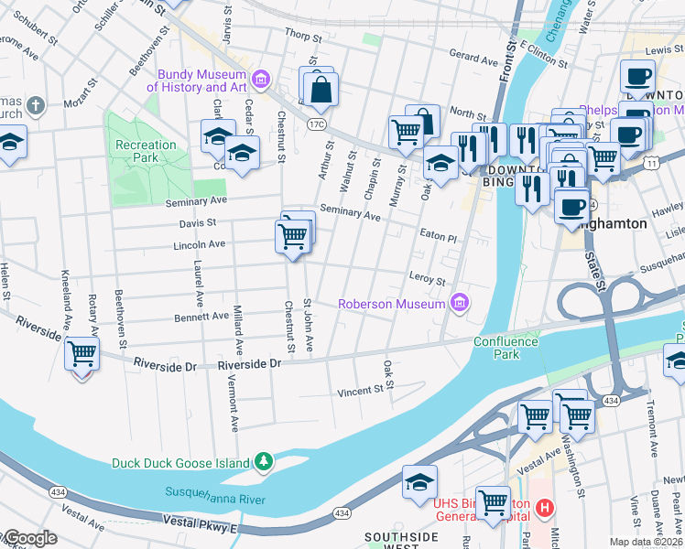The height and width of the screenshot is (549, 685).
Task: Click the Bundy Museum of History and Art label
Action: (201, 81)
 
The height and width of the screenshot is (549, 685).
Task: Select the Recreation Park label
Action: (146, 151)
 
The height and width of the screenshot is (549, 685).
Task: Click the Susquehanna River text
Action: (214, 496)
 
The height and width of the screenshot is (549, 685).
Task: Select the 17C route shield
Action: (317, 123)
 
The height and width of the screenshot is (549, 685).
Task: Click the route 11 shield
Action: (651, 162)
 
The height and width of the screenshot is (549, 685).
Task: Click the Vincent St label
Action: (359, 391)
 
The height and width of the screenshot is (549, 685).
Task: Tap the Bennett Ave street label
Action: (201, 317)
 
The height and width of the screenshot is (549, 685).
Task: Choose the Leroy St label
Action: (426, 280)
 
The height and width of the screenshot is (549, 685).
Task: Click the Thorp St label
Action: (303, 37)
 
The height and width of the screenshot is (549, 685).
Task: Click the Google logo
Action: (29, 538)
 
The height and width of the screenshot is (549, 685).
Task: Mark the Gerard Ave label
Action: (473, 58)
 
